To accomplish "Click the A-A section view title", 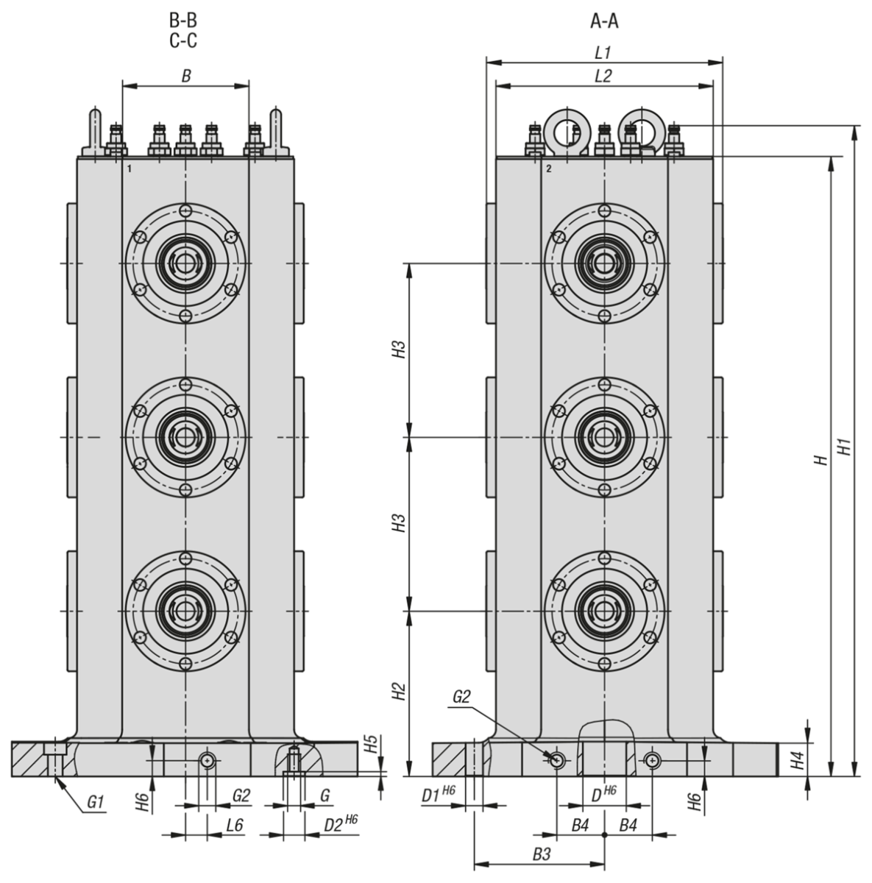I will (603, 21).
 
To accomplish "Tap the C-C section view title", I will (182, 40).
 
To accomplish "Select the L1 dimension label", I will (603, 53).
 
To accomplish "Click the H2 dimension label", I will (397, 692).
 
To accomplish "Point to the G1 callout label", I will (95, 802).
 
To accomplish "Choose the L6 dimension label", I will (234, 825).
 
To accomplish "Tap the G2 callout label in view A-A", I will (461, 698).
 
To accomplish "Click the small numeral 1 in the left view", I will (129, 169).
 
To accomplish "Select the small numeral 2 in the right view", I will (549, 169).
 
